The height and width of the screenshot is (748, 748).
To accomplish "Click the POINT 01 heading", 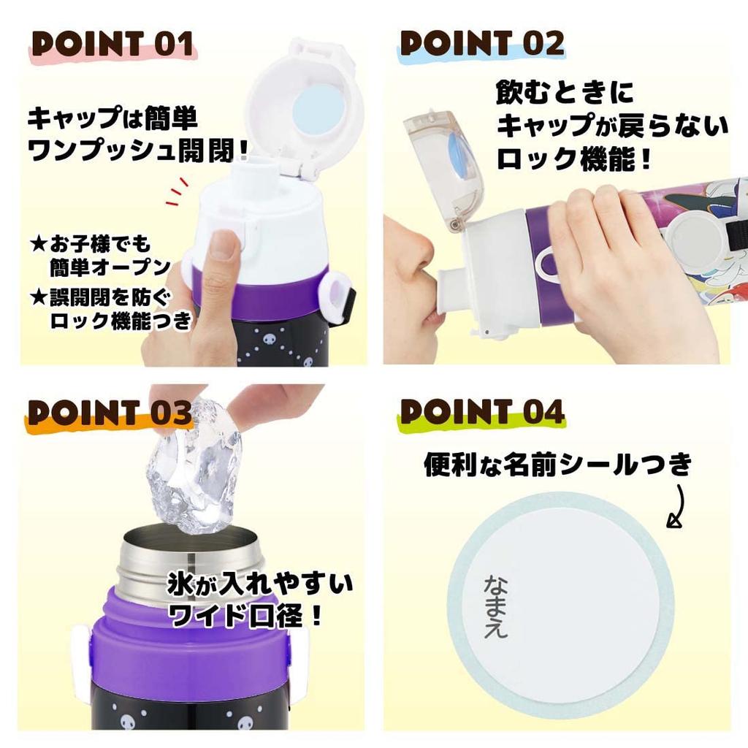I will coord(114,45).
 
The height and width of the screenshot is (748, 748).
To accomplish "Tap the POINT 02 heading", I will coord(482,45).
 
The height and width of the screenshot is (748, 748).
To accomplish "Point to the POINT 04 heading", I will coord(482,413).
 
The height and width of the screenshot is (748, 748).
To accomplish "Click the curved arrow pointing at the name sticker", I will coord(677,504).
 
